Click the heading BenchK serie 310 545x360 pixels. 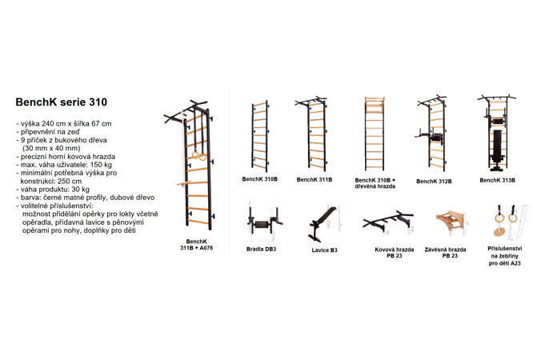(61, 102)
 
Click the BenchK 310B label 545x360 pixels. (259, 179)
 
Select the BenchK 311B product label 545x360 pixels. (315, 180)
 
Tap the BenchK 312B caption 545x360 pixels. (434, 182)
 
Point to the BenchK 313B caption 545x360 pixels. (497, 180)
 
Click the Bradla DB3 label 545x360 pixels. (261, 249)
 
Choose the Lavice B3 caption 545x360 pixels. (324, 250)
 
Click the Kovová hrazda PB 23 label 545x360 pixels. (395, 253)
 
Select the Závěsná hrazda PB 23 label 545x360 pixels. (445, 253)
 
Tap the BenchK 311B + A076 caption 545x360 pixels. (196, 245)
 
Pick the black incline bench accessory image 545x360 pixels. (322, 223)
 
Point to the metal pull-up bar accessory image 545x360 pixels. (387, 219)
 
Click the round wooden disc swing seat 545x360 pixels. (500, 232)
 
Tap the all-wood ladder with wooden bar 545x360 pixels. (375, 134)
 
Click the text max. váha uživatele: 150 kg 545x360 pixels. (66, 165)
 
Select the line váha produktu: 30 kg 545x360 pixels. (53, 190)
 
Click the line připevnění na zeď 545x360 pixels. (48, 132)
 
